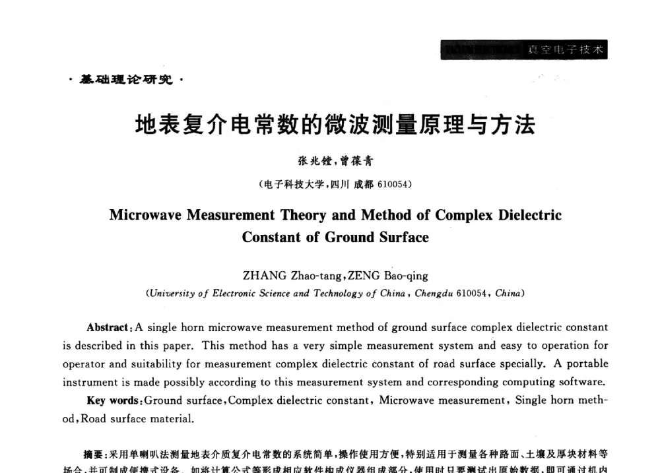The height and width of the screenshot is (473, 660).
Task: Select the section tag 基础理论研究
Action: [x=126, y=80]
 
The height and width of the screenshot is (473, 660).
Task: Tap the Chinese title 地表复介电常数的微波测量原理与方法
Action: [x=335, y=125]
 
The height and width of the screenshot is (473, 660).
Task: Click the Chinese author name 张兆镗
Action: [x=308, y=161]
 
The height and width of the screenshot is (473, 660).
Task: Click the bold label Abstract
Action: [x=107, y=327]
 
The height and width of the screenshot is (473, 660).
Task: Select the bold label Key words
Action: [x=114, y=400]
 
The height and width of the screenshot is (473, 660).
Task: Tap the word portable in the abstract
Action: [x=587, y=363]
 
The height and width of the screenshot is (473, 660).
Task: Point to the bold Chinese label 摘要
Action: [x=94, y=455]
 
